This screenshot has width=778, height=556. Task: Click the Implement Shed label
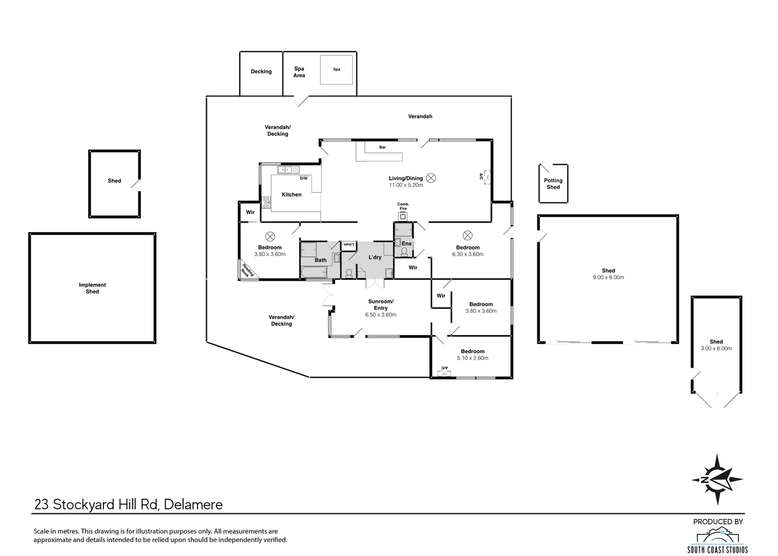click(92, 288)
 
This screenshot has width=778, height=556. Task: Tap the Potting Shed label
click(553, 183)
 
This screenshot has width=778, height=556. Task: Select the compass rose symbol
click(717, 480)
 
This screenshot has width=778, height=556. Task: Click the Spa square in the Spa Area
click(336, 69)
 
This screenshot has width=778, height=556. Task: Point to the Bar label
click(382, 147)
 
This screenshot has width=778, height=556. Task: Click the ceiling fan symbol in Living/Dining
click(431, 178)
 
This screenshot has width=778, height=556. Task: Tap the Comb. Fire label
click(403, 206)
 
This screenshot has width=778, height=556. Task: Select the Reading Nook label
click(247, 270)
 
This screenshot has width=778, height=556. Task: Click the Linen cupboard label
click(348, 245)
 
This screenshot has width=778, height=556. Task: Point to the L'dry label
click(375, 257)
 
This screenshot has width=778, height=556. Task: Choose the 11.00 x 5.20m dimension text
click(406, 185)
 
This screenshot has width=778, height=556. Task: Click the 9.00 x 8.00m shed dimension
click(609, 277)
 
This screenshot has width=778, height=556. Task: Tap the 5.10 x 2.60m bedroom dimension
click(473, 358)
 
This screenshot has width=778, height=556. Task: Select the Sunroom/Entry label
click(381, 304)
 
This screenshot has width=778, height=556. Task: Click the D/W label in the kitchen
click(304, 178)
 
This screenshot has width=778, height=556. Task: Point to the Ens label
click(406, 244)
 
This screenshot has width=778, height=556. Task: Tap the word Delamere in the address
click(193, 505)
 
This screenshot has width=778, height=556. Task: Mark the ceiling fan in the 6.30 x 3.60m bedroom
click(468, 236)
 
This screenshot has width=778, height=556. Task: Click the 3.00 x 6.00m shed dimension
click(716, 349)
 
